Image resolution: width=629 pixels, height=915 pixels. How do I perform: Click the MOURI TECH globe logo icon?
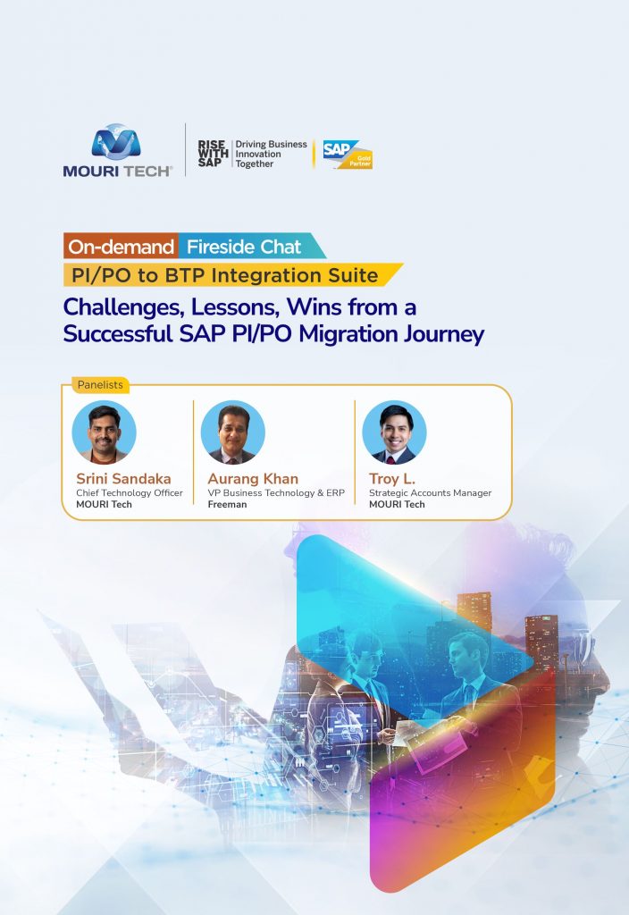coord(116,141)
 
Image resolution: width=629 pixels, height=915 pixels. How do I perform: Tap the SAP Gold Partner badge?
coord(348,155)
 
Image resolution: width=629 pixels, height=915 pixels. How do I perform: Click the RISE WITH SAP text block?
coord(213,154)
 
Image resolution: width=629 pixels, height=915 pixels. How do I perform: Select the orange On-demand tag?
coord(121,247)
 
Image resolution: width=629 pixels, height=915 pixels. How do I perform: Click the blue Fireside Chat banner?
coord(251,247)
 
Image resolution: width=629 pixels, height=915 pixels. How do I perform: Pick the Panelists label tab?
coord(100,384)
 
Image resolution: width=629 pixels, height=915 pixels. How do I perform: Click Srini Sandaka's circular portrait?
coord(104,432)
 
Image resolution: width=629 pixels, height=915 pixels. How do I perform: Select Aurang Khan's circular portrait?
coord(233,432)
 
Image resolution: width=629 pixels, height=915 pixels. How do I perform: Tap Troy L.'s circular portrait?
coord(394,432)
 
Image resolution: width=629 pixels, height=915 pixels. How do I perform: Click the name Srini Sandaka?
coord(123,479)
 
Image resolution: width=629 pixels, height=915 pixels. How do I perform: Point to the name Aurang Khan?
coord(253,479)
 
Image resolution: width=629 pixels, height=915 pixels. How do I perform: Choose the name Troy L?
coord(392,479)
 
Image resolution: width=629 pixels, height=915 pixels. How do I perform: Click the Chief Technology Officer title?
coord(130,492)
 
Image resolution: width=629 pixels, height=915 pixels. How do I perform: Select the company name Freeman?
coord(228,504)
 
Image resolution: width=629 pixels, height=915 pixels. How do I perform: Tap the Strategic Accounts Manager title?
coord(430,492)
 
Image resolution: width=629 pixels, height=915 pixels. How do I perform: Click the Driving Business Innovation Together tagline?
coord(271,154)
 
